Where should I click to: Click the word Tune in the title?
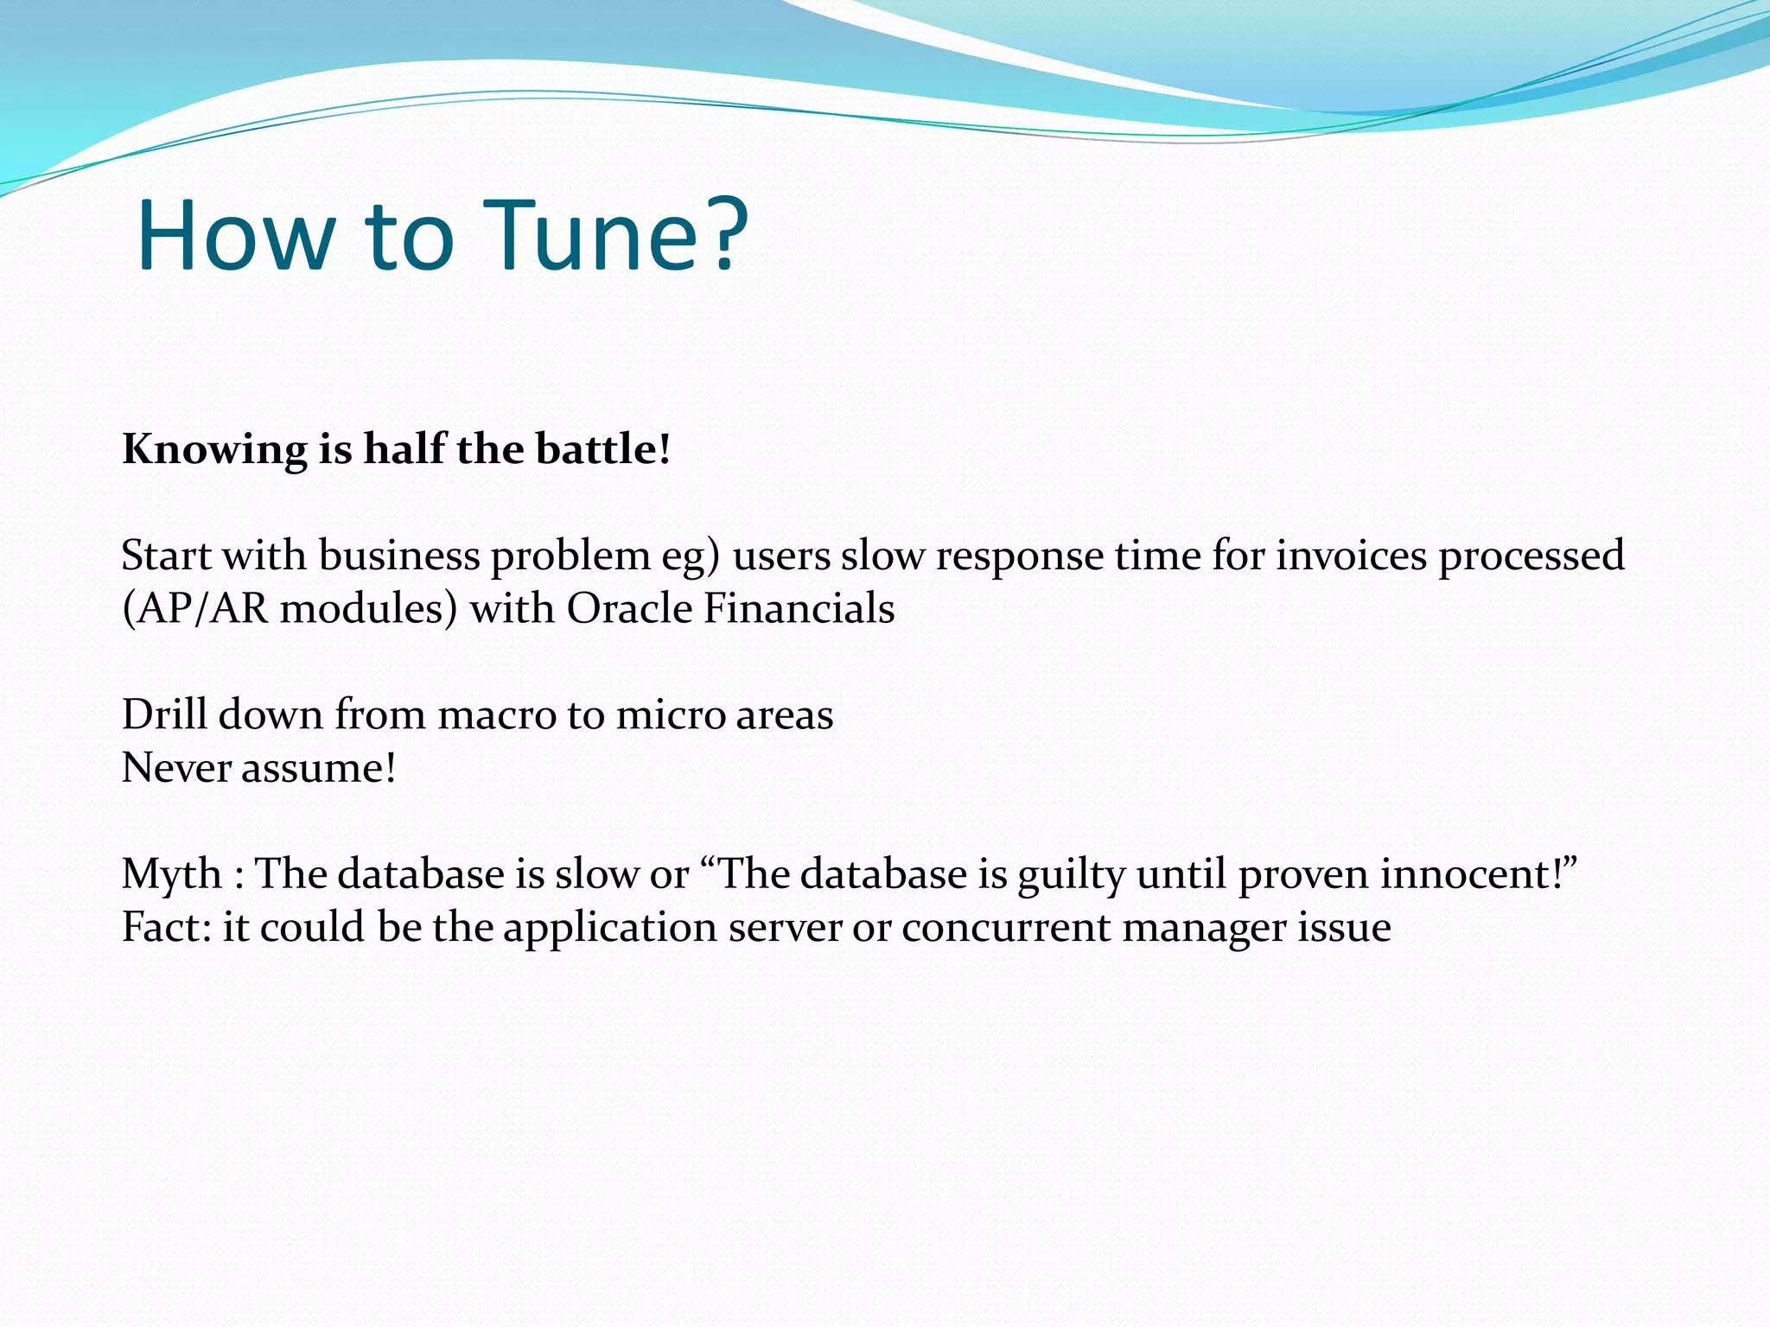point(596,236)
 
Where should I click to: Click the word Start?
point(166,556)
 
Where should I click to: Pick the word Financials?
point(799,608)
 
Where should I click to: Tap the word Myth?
point(172,874)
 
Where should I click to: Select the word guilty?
point(1072,874)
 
